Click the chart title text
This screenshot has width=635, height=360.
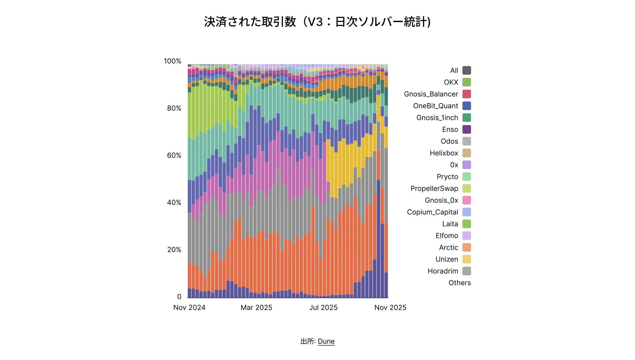317,22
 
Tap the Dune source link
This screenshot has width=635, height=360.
326,341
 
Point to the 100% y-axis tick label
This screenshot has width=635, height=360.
172,61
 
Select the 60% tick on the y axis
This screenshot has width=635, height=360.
174,155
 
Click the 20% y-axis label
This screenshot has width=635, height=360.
174,250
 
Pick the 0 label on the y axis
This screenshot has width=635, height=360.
179,297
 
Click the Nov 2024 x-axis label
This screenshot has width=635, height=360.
189,307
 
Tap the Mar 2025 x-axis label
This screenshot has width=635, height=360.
256,307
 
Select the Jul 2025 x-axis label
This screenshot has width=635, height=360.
323,307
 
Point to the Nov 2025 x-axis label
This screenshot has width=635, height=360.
390,307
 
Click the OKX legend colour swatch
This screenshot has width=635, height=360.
467,82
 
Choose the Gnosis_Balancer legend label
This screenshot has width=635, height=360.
431,94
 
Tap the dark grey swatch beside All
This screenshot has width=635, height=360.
467,70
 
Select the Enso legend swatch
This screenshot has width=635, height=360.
467,130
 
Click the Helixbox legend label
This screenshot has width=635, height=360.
444,153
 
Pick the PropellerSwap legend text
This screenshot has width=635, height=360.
434,188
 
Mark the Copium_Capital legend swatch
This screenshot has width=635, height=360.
467,212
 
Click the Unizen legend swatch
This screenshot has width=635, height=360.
467,259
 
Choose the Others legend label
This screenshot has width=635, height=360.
459,283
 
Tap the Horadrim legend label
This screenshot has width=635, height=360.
443,271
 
